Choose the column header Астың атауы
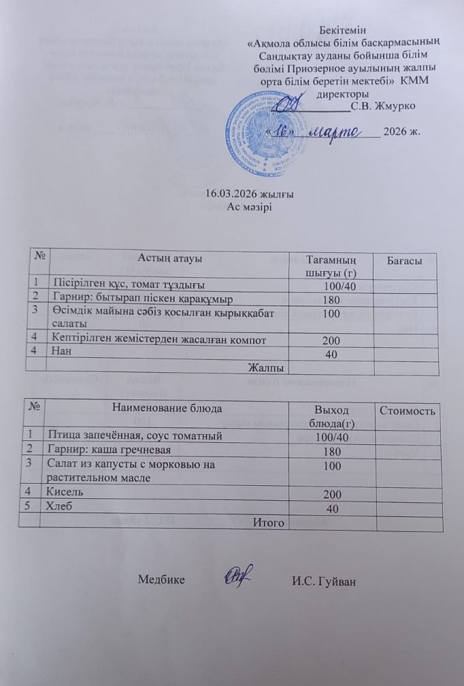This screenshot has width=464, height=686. [x=170, y=257]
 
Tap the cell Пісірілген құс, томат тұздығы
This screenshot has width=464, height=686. [x=129, y=282]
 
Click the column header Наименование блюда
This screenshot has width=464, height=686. [x=163, y=408]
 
